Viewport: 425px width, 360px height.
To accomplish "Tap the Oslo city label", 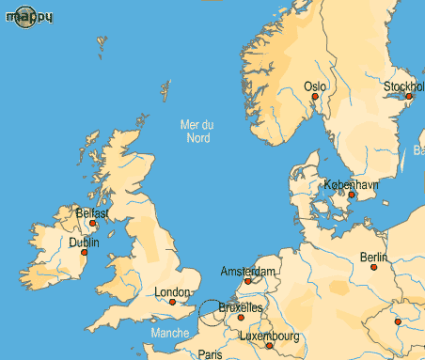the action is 315,86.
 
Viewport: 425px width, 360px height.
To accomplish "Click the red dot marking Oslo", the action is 316,97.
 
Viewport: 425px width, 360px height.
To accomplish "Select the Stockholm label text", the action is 403,86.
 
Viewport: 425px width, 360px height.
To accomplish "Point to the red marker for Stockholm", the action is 409,96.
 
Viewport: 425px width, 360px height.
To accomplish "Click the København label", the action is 351,185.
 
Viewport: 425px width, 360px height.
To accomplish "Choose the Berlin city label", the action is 373,258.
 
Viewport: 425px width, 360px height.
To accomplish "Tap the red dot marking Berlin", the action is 374,267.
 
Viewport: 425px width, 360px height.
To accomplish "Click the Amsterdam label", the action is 248,272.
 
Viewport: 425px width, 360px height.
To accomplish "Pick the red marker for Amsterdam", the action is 247,280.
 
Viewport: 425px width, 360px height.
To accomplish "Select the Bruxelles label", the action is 241,307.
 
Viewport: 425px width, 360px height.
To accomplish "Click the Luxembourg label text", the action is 270,336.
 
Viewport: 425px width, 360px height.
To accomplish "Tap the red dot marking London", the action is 172,302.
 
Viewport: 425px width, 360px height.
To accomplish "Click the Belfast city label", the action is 93,213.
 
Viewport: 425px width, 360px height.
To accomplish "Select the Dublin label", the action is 85,243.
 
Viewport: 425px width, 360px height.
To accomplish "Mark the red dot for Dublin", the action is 85,252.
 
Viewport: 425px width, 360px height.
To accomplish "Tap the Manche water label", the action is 169,333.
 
